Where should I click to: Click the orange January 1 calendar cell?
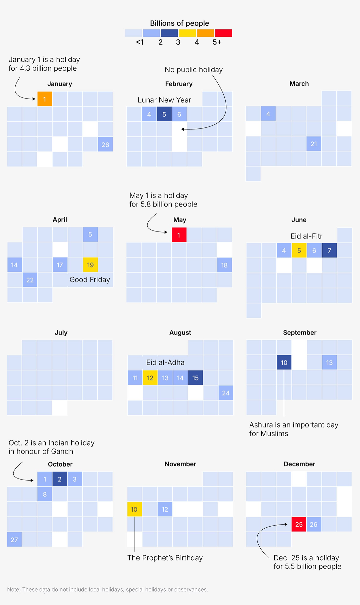[x=45, y=99]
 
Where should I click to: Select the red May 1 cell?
[x=179, y=235]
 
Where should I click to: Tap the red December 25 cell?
[x=299, y=524]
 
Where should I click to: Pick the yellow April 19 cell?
[x=90, y=265]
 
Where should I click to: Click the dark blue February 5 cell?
[x=164, y=114]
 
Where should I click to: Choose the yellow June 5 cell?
[x=299, y=250]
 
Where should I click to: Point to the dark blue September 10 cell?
[x=284, y=363]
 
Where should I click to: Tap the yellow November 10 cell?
[x=134, y=509]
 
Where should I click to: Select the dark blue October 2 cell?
[x=60, y=479]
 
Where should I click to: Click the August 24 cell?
[x=226, y=393]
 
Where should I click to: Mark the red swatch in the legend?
[x=223, y=33]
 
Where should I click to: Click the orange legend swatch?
[x=205, y=33]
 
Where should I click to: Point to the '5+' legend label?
[x=217, y=42]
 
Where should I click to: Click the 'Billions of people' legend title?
[x=179, y=23]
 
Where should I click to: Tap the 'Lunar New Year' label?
[x=164, y=100]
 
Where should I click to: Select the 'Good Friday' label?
[x=90, y=279]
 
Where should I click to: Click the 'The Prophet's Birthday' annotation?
[x=165, y=558]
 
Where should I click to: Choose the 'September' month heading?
[x=300, y=333]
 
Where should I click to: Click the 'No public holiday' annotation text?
[x=194, y=70]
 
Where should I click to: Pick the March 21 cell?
[x=314, y=144]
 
